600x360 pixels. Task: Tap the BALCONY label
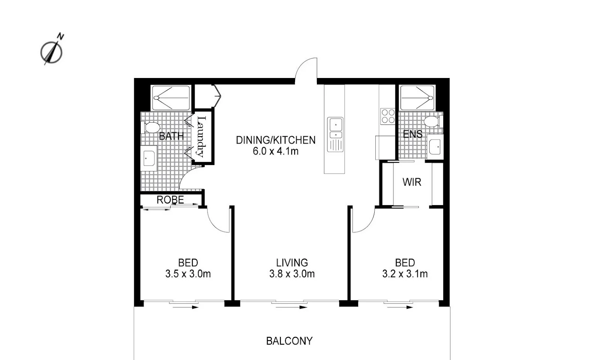[289, 341]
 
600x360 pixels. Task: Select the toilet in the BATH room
[151, 127]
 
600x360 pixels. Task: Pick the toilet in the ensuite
[432, 121]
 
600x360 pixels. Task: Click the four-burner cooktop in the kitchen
[388, 116]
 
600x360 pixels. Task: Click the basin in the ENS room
[435, 147]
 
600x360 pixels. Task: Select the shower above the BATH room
[171, 98]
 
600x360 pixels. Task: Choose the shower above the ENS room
[417, 98]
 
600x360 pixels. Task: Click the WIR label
[412, 182]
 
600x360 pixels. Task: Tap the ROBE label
[170, 200]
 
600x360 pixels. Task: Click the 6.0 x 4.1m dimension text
[276, 151]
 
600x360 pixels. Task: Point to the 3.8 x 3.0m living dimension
[292, 274]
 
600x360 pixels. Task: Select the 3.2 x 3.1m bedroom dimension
[405, 274]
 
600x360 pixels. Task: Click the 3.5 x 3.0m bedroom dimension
[188, 274]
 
